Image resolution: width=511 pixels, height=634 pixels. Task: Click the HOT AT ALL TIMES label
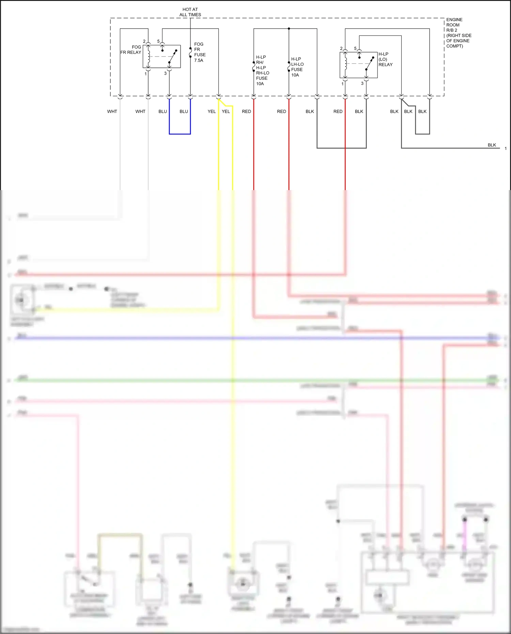(x=190, y=12)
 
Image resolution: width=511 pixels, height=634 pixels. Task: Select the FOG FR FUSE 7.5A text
(x=199, y=52)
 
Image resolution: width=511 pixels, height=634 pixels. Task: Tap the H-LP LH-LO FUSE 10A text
(x=297, y=67)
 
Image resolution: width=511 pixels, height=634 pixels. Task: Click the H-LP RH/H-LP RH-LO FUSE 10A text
(x=262, y=70)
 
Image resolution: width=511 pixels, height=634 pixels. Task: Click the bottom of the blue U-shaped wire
(x=180, y=134)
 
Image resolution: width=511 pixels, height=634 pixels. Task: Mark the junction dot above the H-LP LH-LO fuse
(x=289, y=29)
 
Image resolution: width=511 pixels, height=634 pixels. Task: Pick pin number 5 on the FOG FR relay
(x=158, y=41)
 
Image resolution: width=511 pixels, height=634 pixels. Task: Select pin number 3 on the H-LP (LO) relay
(x=362, y=83)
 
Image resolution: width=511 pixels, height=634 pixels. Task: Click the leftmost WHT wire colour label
(x=112, y=111)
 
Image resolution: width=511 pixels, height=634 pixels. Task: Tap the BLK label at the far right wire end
(x=492, y=145)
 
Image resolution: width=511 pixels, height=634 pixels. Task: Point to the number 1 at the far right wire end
(x=506, y=149)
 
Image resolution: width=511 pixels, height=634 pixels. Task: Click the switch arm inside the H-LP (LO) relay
(x=370, y=63)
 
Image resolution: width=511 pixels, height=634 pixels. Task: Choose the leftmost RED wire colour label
(x=246, y=111)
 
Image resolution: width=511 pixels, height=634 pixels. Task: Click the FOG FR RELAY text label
(x=131, y=50)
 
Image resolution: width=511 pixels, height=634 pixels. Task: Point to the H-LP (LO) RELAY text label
(x=385, y=59)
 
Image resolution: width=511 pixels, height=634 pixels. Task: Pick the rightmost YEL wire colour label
(x=226, y=111)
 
